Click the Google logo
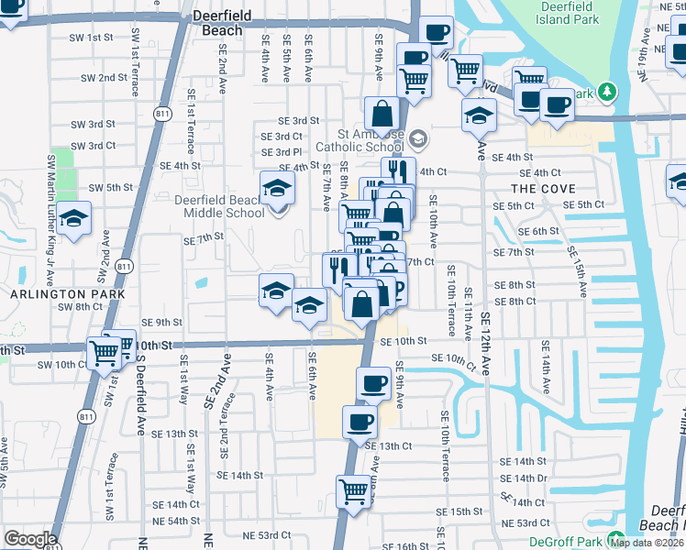tap(30, 539)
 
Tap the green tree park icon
tap(607, 92)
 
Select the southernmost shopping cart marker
tap(353, 491)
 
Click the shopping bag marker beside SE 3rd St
tap(382, 115)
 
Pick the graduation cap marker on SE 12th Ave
tap(479, 116)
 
